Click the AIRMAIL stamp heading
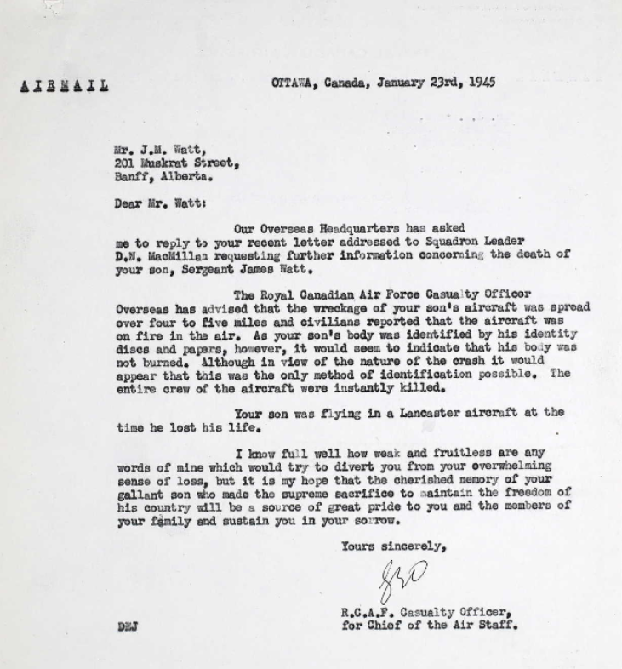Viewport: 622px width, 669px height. point(63,85)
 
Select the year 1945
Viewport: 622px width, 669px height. point(479,83)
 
